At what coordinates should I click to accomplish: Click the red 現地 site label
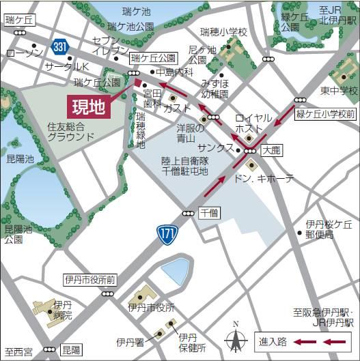(x=88, y=107)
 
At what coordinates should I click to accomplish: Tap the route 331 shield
(x=59, y=46)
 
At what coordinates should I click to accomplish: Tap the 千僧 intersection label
(x=209, y=213)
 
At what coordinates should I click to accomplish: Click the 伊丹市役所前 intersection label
(x=90, y=280)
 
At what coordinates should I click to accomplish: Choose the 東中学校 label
(x=340, y=90)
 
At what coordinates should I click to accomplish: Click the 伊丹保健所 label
(x=193, y=343)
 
